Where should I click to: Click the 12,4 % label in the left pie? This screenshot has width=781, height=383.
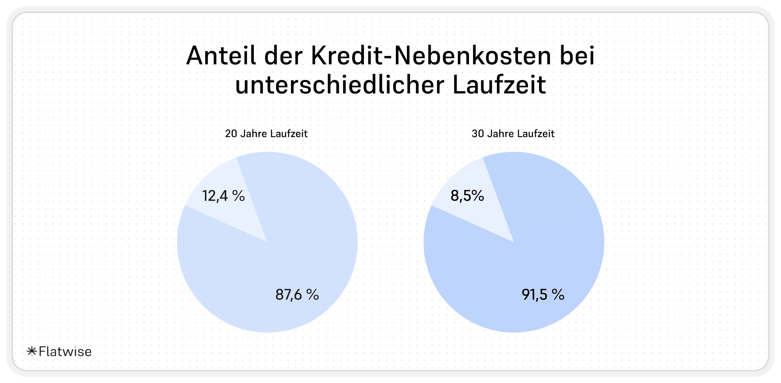pyautogui.click(x=223, y=196)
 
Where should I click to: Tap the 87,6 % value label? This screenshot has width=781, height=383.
pyautogui.click(x=297, y=295)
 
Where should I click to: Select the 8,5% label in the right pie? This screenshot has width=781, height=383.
pyautogui.click(x=467, y=196)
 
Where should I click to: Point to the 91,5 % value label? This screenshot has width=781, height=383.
pyautogui.click(x=543, y=295)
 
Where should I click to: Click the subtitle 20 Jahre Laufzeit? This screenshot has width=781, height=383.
pyautogui.click(x=266, y=134)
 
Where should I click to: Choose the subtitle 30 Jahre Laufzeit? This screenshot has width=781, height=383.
pyautogui.click(x=513, y=134)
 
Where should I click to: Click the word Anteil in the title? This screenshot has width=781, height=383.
pyautogui.click(x=221, y=56)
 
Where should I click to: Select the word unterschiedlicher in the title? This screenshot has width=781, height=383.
pyautogui.click(x=340, y=85)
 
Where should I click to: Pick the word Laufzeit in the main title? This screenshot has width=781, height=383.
pyautogui.click(x=499, y=85)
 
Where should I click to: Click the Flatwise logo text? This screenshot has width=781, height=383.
pyautogui.click(x=65, y=352)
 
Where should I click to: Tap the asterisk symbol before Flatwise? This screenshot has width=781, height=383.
pyautogui.click(x=32, y=351)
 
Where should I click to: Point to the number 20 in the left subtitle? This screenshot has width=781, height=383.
pyautogui.click(x=231, y=134)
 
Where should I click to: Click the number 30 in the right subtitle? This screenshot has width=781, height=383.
pyautogui.click(x=478, y=134)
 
